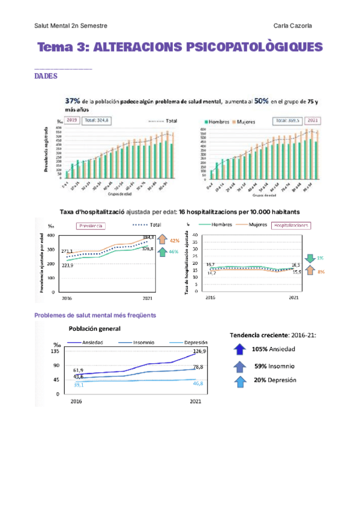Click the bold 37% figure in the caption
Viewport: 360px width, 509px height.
coord(73,101)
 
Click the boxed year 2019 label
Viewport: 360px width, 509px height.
coord(73,120)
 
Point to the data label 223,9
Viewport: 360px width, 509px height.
coord(67,265)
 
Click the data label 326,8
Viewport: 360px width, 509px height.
coord(148,248)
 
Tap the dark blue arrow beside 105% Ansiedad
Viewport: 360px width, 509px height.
coord(241,349)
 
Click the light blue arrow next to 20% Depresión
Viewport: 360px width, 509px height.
coord(241,380)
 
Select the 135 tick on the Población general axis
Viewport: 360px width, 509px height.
coord(55,351)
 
